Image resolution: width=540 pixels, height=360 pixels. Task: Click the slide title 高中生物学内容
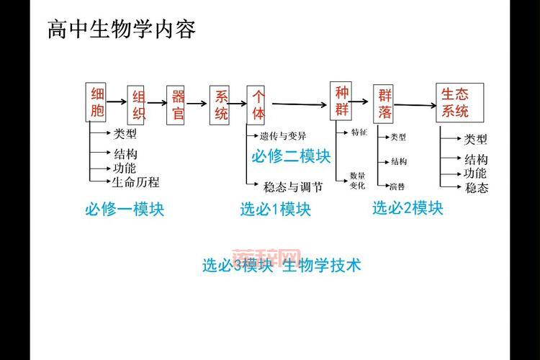(121, 30)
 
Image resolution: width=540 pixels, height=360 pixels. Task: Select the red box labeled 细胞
(98, 102)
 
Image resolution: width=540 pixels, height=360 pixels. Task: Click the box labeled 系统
(221, 105)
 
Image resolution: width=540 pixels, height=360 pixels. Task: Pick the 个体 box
(258, 105)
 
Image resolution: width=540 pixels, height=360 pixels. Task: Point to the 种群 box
(341, 101)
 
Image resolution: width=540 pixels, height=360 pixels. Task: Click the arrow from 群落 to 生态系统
(416, 105)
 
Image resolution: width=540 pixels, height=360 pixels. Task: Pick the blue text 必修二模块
(291, 156)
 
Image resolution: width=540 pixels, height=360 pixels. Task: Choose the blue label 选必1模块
(276, 210)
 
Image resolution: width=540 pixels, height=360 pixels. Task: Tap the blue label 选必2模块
(408, 208)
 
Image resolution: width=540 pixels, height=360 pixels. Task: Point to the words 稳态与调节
(293, 187)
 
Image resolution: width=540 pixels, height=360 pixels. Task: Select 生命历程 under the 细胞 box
(135, 182)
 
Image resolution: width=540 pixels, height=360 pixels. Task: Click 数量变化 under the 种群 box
(358, 180)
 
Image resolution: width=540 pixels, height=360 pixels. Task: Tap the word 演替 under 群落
(398, 186)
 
